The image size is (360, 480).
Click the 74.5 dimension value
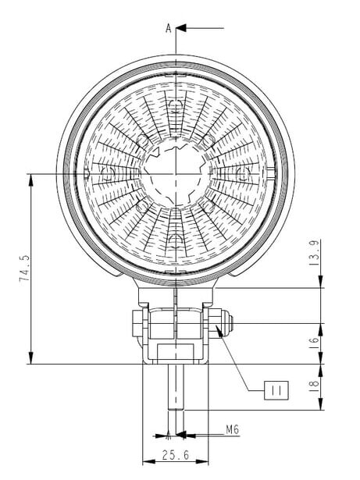[x=25, y=268]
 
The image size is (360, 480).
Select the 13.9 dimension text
[x=315, y=253]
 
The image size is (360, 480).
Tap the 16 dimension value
[x=315, y=341]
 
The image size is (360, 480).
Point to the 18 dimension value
[x=315, y=383]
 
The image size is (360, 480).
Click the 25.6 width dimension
[x=175, y=455]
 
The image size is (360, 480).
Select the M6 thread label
[x=232, y=430]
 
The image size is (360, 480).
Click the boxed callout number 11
[x=276, y=390]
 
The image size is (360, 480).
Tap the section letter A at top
[x=169, y=28]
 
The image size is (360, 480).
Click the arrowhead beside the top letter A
[x=181, y=28]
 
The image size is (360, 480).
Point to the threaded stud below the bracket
[x=176, y=387]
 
